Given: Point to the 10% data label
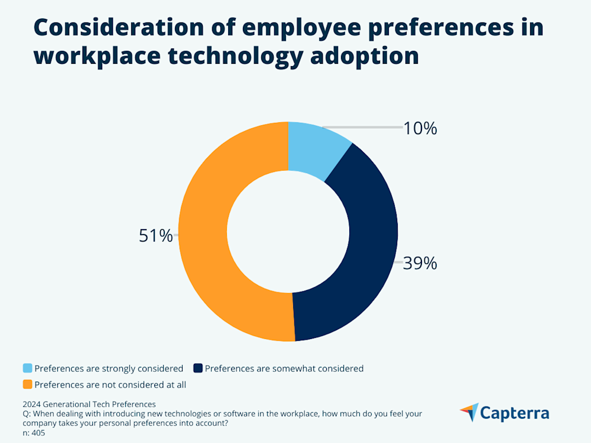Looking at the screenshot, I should point(420,128).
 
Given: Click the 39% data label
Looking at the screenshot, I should point(420,263).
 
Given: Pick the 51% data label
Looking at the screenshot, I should point(155,236).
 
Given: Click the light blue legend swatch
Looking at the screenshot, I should point(27,369).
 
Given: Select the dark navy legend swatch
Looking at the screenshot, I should point(197,369).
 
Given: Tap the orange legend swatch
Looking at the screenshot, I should point(27,385).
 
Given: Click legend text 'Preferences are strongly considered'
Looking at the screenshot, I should point(109,369).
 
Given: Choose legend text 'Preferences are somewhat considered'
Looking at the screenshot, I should point(284,369).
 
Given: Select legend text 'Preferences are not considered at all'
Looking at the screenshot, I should point(111,385).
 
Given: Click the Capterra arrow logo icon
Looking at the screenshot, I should point(469,412).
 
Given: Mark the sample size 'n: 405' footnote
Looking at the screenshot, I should point(34,433).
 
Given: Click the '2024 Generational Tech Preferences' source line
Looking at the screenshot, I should point(89,405).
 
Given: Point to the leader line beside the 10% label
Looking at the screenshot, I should point(366,128).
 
